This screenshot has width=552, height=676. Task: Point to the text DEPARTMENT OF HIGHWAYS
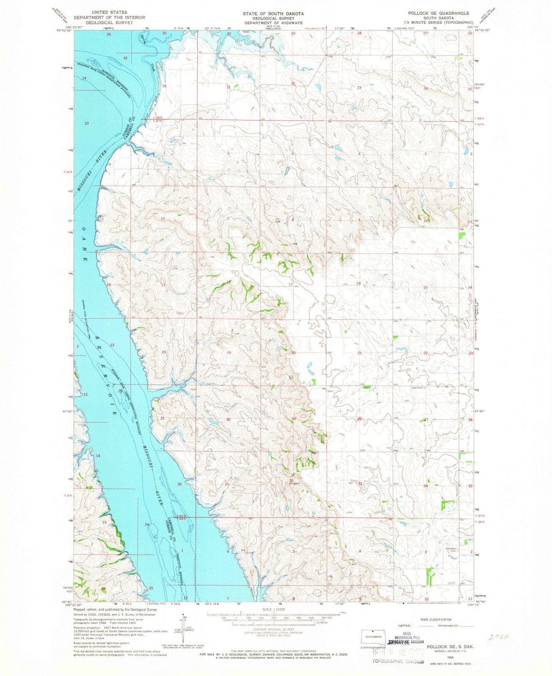pos(273,23)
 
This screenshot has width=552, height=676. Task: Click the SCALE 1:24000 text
pos(273,610)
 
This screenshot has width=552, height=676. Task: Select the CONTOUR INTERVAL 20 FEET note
pos(273,629)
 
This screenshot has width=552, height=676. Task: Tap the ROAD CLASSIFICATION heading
pos(435,618)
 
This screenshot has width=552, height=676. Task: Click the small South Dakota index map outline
pos(376,637)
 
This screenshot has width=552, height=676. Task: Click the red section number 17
pos(290,284)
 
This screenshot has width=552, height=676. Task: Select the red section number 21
pos(359,353)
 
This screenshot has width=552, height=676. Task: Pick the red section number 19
pos(229,353)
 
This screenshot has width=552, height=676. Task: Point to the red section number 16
pos(359,284)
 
